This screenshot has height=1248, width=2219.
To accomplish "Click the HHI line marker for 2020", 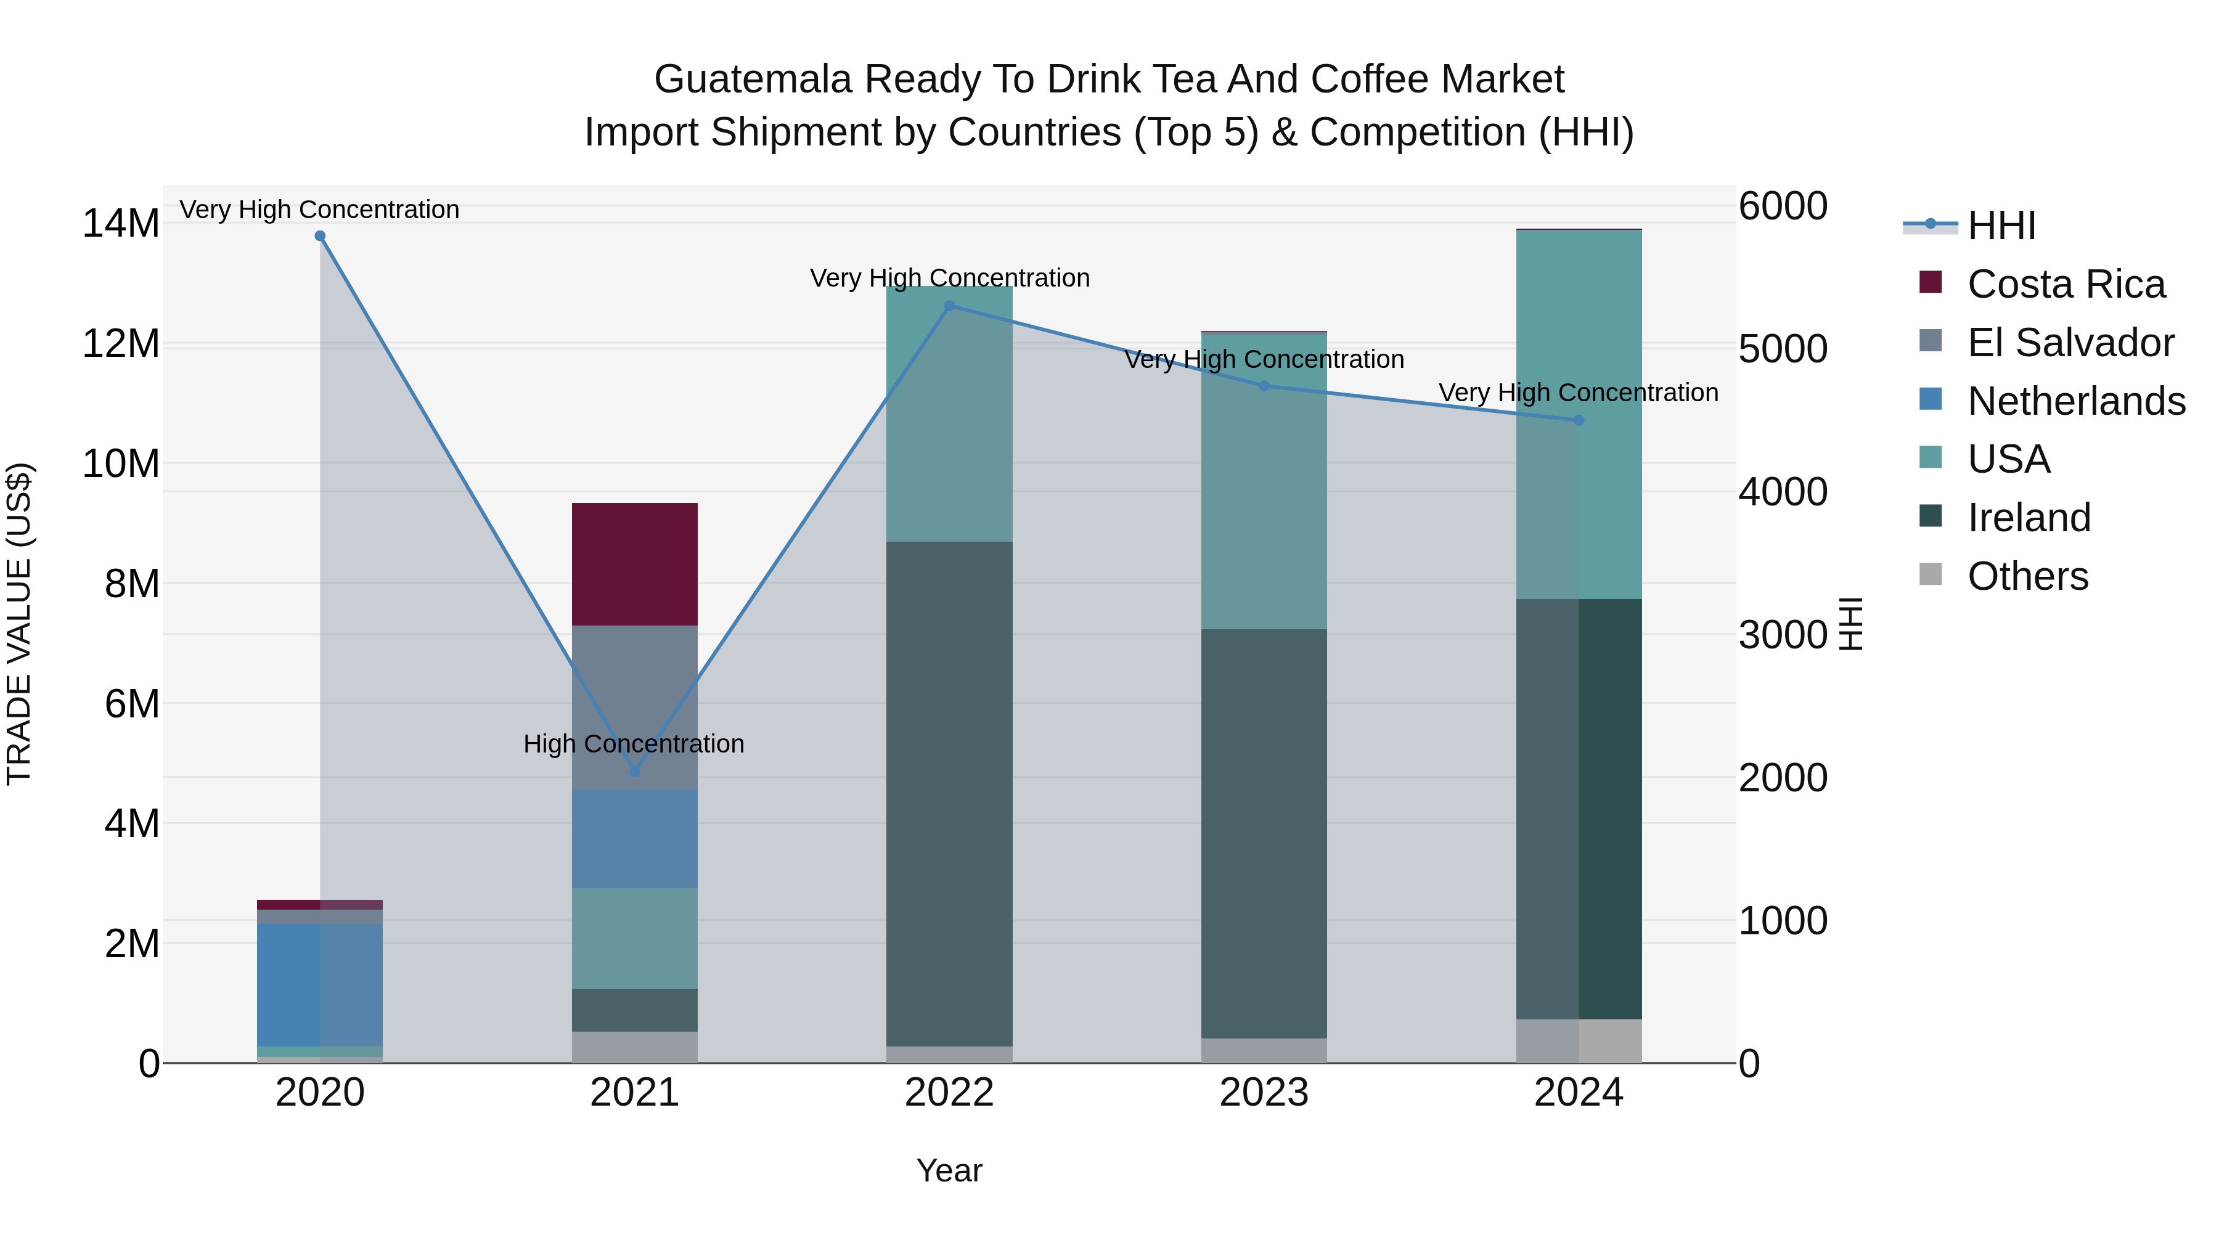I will [319, 236].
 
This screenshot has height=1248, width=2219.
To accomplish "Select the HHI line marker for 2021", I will [635, 772].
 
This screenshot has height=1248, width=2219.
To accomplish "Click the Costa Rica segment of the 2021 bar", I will [635, 564].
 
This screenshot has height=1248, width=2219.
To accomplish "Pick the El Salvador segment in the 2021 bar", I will [635, 689].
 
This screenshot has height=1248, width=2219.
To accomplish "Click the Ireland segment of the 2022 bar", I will [949, 793].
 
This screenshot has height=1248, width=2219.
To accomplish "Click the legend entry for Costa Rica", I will [2066, 284].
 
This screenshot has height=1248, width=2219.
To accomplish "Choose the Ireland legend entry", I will [2029, 518].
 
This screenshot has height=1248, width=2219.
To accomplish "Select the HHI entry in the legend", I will [2001, 226].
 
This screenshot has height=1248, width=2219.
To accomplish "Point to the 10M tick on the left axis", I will [121, 463].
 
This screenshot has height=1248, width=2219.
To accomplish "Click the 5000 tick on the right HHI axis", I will [1782, 349].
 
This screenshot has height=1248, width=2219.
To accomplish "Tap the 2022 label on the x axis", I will [949, 1093].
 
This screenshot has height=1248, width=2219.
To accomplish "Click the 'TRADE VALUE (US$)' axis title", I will [19, 624].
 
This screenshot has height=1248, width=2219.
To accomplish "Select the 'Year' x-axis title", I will [949, 1170].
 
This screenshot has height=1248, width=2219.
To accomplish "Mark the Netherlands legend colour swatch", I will [1931, 399].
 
